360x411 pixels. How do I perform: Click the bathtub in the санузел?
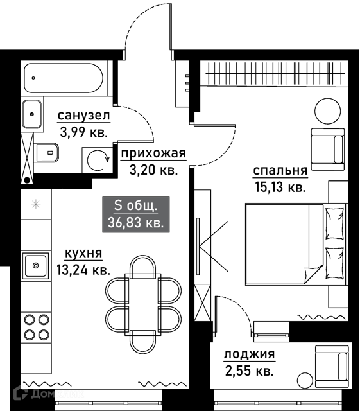tap(64, 78)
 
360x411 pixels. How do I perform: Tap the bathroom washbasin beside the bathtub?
tap(32, 114)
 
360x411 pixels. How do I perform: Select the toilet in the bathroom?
tap(47, 153)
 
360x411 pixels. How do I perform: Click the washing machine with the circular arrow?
tap(98, 160)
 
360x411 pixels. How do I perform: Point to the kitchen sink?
tap(36, 266)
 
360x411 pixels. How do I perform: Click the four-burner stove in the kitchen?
tap(37, 327)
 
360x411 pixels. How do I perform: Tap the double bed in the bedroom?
tap(296, 244)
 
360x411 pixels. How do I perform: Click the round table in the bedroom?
tap(327, 111)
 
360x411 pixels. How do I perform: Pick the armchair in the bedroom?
tap(327, 150)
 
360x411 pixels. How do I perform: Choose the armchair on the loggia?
tap(332, 366)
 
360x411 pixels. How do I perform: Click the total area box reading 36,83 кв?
tap(135, 214)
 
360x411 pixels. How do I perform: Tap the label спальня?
tap(280, 171)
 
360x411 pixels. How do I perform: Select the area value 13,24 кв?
tap(83, 270)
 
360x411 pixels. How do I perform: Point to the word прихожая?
tap(153, 153)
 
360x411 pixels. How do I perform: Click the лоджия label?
tap(250, 354)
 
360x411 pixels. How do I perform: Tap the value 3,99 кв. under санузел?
tap(83, 132)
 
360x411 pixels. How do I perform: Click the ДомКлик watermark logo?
tap(49, 394)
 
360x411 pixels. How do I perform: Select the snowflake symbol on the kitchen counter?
tap(36, 204)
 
